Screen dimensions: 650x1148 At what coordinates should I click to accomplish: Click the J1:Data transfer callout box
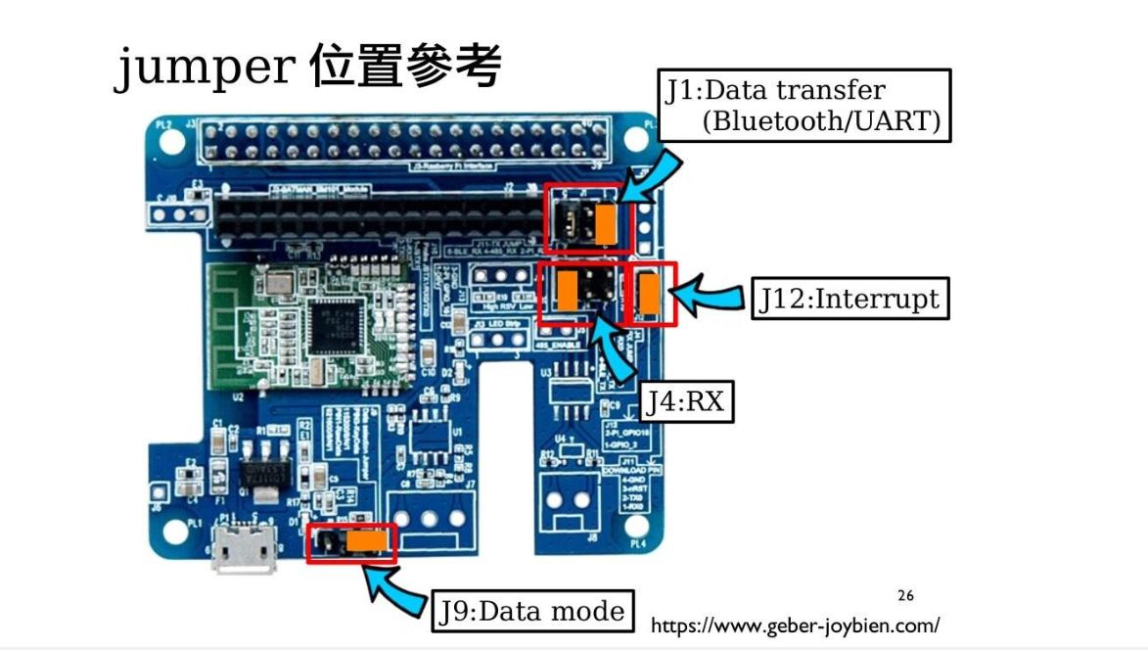pyautogui.click(x=804, y=105)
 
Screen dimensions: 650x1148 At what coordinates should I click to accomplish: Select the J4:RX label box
pyautogui.click(x=687, y=401)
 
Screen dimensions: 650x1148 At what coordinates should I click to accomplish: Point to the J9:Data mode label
pyautogui.click(x=531, y=612)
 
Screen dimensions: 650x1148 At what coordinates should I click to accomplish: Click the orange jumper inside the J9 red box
pyautogui.click(x=365, y=539)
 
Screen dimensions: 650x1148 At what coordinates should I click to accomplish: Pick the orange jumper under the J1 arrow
pyautogui.click(x=606, y=224)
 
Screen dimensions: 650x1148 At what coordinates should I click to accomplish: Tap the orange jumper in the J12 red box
pyautogui.click(x=649, y=293)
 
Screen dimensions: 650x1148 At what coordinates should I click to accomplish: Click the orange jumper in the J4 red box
pyautogui.click(x=568, y=290)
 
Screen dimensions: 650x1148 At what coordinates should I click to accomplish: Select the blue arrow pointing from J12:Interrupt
pyautogui.click(x=712, y=297)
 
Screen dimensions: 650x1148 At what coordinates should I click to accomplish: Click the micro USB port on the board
pyautogui.click(x=242, y=550)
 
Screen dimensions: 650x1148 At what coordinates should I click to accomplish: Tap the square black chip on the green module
pyautogui.click(x=332, y=324)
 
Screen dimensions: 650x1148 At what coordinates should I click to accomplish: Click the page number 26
pyautogui.click(x=905, y=595)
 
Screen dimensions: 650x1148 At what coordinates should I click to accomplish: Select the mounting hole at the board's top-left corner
pyautogui.click(x=173, y=142)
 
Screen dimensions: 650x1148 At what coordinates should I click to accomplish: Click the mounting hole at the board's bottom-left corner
pyautogui.click(x=173, y=533)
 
